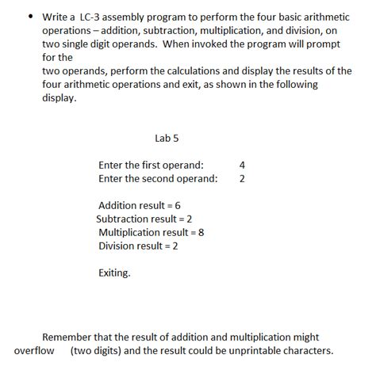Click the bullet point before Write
point(30,16)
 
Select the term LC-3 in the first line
point(93,16)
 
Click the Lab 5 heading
point(167,137)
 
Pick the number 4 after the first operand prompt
point(242,166)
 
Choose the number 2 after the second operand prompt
point(242,179)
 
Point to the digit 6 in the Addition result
point(178,206)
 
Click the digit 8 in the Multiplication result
point(201,233)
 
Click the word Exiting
point(114,273)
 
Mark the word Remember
point(68,337)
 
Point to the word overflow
point(34,351)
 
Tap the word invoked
point(225,44)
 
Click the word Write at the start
point(56,16)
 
